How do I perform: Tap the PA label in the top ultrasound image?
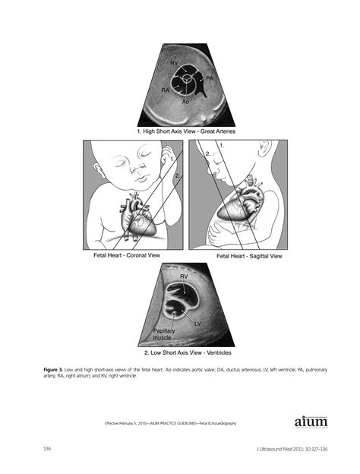click(209, 78)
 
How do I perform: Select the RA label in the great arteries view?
click(165, 90)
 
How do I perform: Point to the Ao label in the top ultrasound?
click(186, 100)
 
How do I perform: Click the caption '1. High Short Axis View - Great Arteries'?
click(185, 131)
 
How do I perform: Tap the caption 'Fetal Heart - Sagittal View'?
click(249, 257)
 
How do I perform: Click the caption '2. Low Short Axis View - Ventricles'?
click(188, 353)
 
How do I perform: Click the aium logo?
click(309, 422)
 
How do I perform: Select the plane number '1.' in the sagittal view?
click(220, 144)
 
